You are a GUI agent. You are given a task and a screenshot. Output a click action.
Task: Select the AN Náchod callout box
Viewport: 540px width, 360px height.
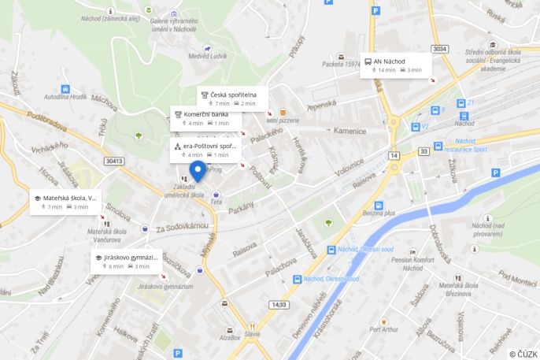396,65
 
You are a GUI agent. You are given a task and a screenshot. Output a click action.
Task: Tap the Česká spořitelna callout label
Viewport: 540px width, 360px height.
232,98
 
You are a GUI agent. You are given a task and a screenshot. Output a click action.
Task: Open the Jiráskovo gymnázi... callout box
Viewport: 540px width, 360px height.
127,262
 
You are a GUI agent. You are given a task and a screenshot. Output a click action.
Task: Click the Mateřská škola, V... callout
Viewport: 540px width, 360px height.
66,202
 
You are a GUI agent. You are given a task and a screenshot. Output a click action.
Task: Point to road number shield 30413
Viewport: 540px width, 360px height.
114,161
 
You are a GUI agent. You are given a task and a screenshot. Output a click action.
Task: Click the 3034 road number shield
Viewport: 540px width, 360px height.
440,49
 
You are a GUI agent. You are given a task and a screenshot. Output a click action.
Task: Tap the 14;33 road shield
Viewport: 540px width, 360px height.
279,304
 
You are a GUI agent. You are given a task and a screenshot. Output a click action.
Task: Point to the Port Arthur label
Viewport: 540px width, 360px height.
383,329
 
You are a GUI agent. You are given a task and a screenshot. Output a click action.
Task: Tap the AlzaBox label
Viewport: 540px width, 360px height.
230,337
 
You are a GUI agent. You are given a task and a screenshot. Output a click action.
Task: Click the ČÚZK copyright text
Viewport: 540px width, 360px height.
523,354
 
